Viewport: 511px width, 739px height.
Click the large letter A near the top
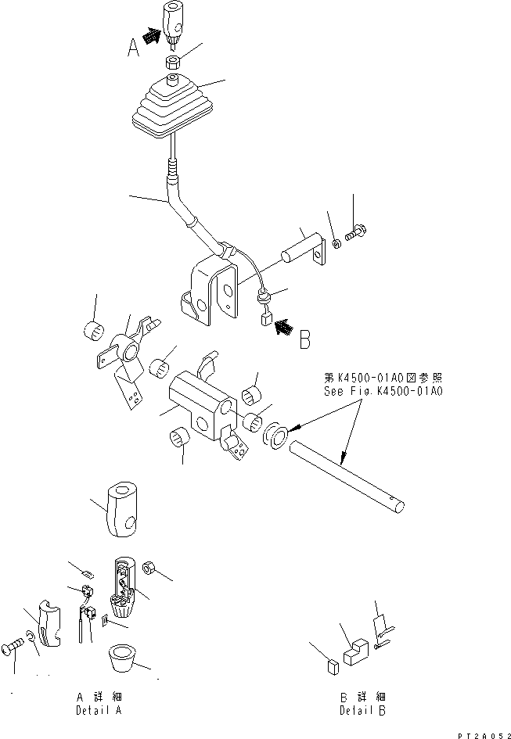pyautogui.click(x=134, y=47)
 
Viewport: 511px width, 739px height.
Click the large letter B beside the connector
pyautogui.click(x=305, y=339)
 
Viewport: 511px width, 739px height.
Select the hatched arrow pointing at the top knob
pyautogui.click(x=150, y=35)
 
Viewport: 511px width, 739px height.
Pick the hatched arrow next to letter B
pyautogui.click(x=283, y=326)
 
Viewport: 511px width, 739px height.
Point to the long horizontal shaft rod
pyautogui.click(x=347, y=476)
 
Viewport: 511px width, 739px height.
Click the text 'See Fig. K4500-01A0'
pyautogui.click(x=383, y=391)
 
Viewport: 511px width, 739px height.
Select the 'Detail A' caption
pyautogui.click(x=99, y=710)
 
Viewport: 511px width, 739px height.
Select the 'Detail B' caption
pyautogui.click(x=362, y=710)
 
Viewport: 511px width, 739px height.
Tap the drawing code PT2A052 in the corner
pyautogui.click(x=484, y=735)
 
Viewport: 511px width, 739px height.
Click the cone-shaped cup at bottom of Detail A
pyautogui.click(x=122, y=657)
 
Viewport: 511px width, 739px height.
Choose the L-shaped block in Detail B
pyautogui.click(x=356, y=651)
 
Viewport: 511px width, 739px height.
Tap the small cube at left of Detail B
pyautogui.click(x=333, y=667)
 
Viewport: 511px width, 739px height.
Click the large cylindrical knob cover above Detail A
pyautogui.click(x=122, y=509)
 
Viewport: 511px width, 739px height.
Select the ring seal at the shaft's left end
pyautogui.click(x=275, y=436)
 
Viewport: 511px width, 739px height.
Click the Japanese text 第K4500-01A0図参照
pyautogui.click(x=383, y=378)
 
